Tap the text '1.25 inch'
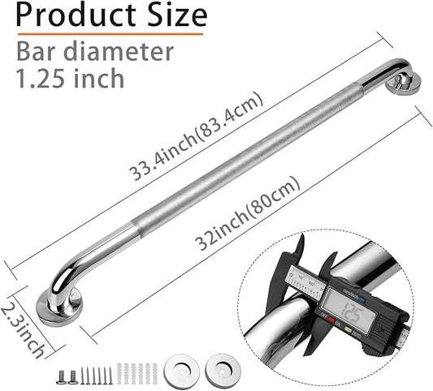click(x=70, y=79)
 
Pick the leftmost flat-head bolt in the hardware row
click(x=61, y=376)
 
